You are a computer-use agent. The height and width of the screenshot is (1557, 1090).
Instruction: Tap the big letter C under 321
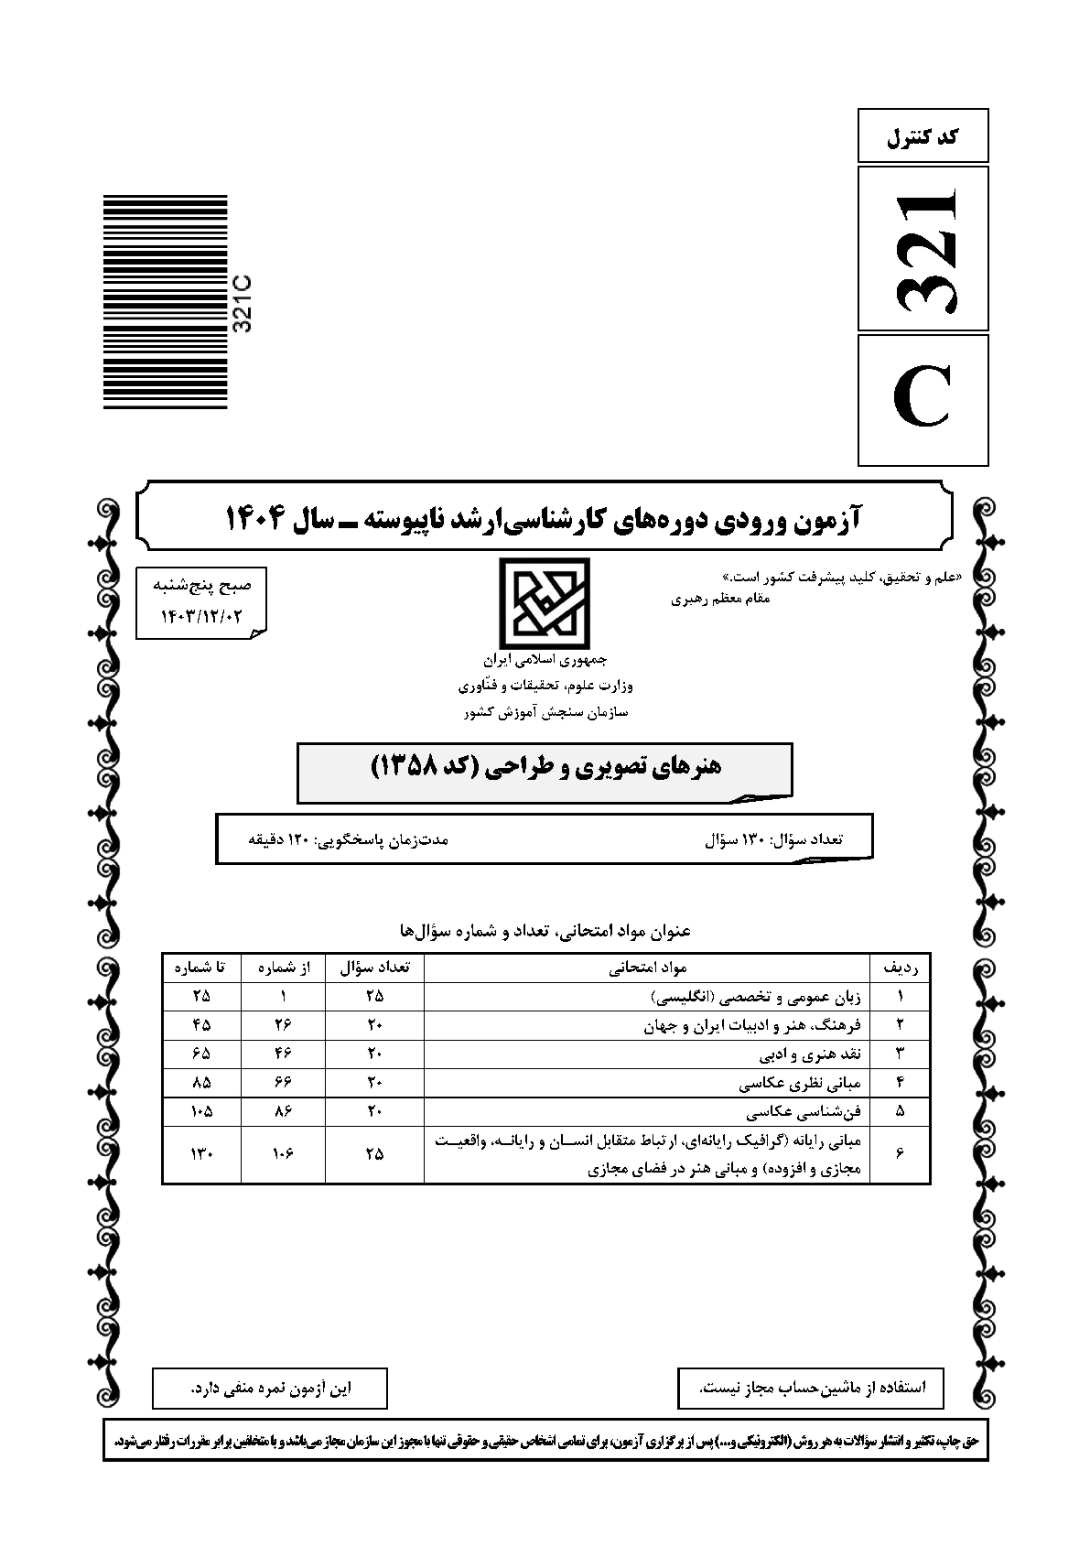click(923, 400)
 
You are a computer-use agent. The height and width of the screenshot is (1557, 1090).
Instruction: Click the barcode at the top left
click(165, 302)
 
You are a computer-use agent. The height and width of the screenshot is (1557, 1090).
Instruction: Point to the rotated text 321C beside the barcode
click(243, 304)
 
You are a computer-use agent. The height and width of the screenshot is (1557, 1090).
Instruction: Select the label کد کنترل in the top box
click(923, 137)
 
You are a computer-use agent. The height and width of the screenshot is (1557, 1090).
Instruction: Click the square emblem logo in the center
click(545, 603)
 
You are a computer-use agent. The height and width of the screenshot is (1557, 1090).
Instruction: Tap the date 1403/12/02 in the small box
click(201, 616)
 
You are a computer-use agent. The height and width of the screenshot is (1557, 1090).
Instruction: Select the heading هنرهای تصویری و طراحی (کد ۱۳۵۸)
click(545, 767)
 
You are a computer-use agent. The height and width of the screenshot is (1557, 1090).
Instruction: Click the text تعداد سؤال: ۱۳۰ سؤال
click(773, 838)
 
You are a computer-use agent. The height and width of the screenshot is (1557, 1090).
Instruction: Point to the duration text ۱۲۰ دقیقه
click(282, 838)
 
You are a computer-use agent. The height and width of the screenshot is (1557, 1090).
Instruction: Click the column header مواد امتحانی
click(647, 967)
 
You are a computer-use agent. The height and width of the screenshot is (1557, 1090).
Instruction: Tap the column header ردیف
click(900, 967)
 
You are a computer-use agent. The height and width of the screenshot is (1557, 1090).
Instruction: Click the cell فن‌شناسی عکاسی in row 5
click(805, 1112)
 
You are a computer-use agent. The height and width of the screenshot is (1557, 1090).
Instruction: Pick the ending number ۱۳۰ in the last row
click(201, 1154)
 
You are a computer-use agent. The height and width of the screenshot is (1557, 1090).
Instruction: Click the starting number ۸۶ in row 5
click(282, 1112)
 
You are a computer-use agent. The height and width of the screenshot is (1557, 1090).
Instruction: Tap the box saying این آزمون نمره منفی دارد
click(270, 1388)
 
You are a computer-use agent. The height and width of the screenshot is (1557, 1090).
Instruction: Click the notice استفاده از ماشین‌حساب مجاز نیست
click(812, 1388)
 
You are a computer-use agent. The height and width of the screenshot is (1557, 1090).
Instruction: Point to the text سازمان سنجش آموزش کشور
click(545, 711)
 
